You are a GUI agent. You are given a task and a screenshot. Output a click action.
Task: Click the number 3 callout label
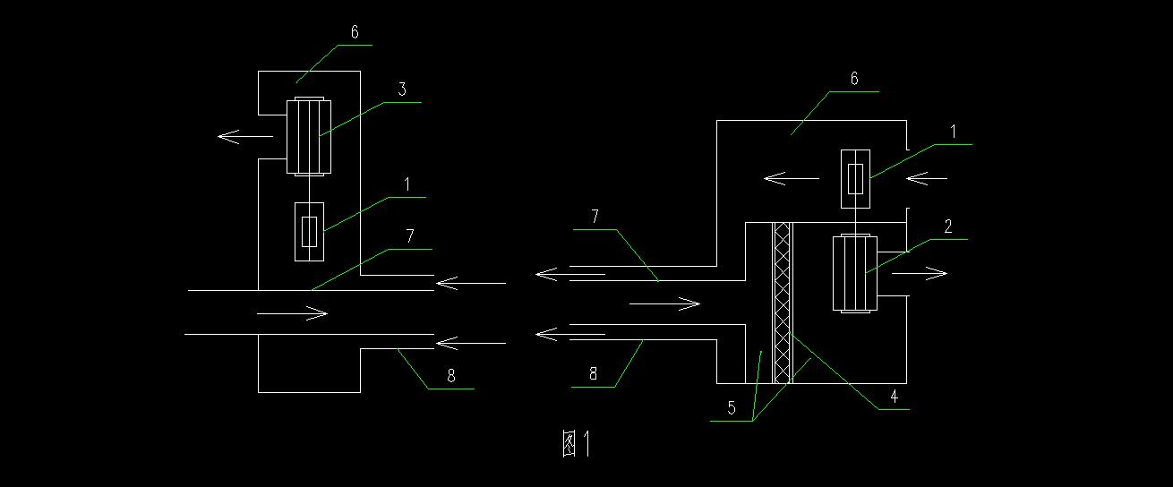(x=402, y=90)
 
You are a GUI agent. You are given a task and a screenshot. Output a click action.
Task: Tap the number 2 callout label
(x=946, y=226)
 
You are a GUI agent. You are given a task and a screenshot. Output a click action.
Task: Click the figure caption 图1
(x=578, y=444)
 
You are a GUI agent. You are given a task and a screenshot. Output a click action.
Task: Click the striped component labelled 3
(x=308, y=136)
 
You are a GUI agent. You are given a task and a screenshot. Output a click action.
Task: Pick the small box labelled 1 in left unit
(x=309, y=231)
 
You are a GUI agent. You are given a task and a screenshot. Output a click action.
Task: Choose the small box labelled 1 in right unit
(x=856, y=179)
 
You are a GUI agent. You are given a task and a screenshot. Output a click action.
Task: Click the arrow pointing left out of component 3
(x=244, y=137)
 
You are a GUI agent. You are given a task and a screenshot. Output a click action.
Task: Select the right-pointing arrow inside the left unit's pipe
(x=292, y=313)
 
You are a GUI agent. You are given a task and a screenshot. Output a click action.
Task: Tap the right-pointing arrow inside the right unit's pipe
(x=664, y=305)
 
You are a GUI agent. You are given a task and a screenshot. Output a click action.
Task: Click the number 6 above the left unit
(x=355, y=32)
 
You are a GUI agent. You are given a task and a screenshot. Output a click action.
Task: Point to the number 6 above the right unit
(x=854, y=79)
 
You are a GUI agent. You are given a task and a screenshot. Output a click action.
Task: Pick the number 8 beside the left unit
(x=451, y=376)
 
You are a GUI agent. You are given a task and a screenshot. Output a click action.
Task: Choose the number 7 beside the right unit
(x=594, y=217)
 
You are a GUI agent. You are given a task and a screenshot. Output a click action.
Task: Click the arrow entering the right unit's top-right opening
(x=927, y=179)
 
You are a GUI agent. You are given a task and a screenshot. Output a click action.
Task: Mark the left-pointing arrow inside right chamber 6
(x=790, y=179)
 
